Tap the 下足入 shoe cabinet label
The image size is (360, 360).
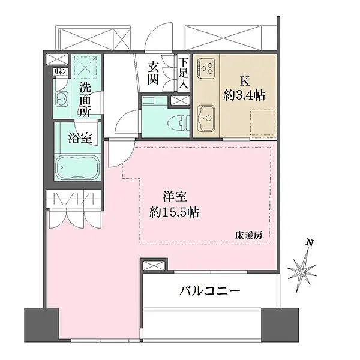pyautogui.click(x=183, y=73)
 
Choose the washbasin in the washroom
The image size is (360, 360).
pyautogui.click(x=61, y=98)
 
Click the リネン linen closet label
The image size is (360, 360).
pyautogui.click(x=59, y=72)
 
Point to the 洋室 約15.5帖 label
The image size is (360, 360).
pyautogui.click(x=174, y=203)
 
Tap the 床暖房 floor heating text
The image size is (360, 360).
pyautogui.click(x=248, y=236)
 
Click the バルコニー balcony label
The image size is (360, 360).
pyautogui.click(x=210, y=292)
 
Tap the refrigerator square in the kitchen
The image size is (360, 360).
pyautogui.click(x=264, y=122)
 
